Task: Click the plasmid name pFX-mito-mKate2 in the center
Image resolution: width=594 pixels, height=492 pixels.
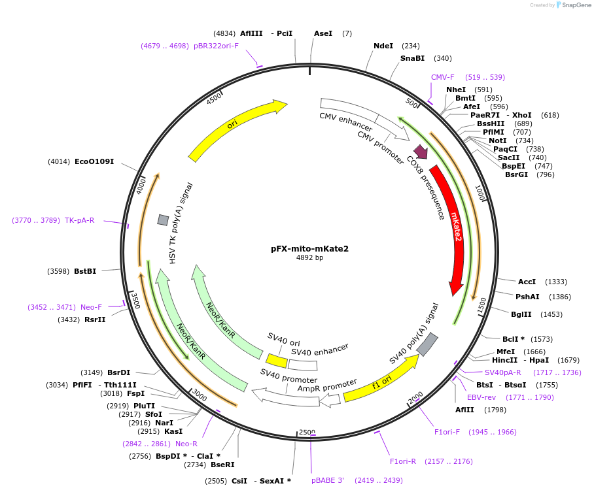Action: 309,248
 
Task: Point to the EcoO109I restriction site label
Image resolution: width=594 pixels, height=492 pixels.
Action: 94,161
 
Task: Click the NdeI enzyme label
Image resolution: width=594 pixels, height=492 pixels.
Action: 383,46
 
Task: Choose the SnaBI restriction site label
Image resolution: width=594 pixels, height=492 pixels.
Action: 412,58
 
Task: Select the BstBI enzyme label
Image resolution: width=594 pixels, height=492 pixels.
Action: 85,271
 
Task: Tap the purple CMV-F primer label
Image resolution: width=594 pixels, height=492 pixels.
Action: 443,77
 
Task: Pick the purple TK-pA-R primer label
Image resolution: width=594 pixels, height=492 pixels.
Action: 79,220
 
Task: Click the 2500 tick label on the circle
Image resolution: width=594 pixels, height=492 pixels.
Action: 307,433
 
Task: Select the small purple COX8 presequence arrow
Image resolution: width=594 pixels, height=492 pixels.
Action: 421,152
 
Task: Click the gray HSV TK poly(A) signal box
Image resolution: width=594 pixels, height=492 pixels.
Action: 163,220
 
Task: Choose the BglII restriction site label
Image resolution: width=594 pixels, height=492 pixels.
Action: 521,314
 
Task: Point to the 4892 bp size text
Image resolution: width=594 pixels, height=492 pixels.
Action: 309,258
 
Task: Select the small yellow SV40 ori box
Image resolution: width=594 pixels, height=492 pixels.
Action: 276,360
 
